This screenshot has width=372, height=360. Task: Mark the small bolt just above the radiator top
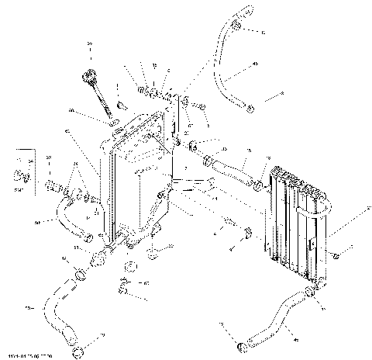[122, 104]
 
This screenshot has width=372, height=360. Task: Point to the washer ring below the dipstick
[115, 123]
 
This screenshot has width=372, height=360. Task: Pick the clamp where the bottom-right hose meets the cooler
[308, 292]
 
